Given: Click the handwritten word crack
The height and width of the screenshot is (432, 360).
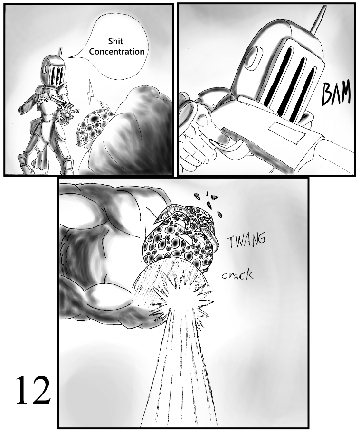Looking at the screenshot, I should [x=237, y=275].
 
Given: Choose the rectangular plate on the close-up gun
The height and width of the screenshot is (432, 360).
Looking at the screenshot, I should [x=284, y=134].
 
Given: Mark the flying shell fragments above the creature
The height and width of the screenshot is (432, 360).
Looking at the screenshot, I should [x=209, y=202].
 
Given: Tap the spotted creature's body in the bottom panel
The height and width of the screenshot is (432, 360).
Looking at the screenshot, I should [x=180, y=237].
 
